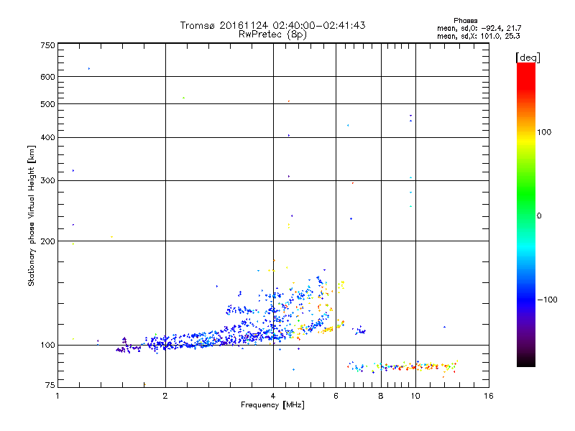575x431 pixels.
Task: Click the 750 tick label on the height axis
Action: (x=48, y=45)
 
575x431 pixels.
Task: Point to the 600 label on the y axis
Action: (x=48, y=77)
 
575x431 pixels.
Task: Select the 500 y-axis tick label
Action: (x=48, y=104)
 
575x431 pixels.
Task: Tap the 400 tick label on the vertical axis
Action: (x=48, y=137)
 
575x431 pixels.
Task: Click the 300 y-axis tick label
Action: (x=48, y=180)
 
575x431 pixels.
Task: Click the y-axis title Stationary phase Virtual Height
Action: (x=32, y=216)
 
